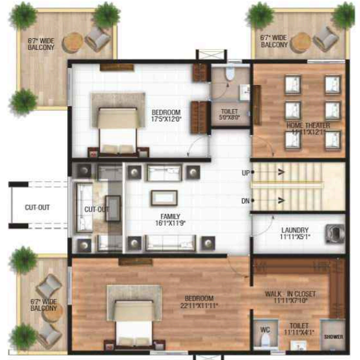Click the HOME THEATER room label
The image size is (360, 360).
[x=308, y=126]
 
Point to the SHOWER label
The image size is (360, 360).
[x=332, y=336]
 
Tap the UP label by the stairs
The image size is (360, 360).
[x=245, y=173]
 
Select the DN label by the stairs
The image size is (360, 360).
[x=245, y=200]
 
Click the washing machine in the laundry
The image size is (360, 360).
[x=334, y=232]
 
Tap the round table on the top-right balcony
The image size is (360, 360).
[x=300, y=42]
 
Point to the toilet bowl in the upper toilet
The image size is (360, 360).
[x=229, y=75]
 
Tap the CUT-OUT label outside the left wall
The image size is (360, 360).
[x=38, y=208]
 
